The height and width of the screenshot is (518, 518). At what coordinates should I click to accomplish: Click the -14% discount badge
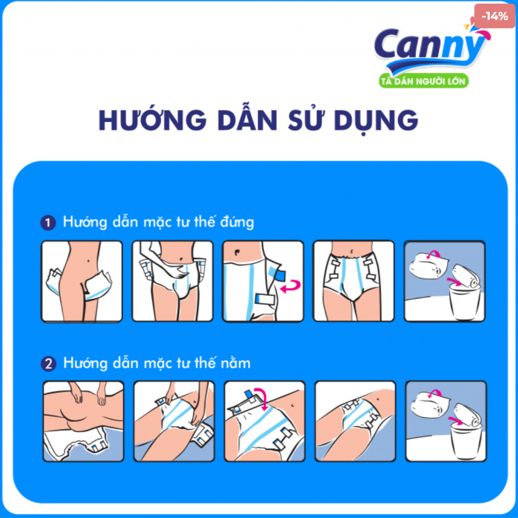(x=495, y=16)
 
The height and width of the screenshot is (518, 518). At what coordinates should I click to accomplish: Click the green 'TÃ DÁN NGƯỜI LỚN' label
(x=423, y=81)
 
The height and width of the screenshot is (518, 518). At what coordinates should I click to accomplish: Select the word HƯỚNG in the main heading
(x=152, y=120)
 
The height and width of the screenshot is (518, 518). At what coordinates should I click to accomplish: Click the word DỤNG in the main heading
(x=375, y=120)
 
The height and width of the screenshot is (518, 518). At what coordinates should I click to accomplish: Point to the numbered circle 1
(x=48, y=223)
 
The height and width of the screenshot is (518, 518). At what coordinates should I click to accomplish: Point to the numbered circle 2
(x=48, y=364)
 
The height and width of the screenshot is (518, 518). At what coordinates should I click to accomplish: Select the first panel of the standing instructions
(x=82, y=282)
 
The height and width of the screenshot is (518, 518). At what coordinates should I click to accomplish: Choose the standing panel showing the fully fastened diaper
(x=354, y=282)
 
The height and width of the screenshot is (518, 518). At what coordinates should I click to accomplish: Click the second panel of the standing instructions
(x=173, y=282)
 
